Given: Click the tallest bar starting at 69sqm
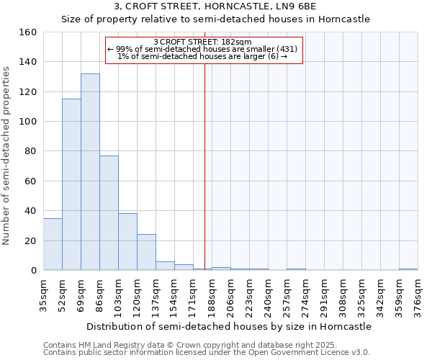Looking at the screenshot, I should coord(90,172).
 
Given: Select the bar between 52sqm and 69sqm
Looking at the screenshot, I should coord(71,184).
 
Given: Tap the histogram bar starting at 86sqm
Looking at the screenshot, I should coord(109,213).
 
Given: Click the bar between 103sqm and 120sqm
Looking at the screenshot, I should coord(127,242).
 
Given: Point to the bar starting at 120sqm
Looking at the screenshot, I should coord(146,252).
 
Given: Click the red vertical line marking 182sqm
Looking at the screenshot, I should coord(204,166).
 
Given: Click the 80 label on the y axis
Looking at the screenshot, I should coord(31,152).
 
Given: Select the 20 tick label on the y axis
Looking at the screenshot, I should coord(31,241).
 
